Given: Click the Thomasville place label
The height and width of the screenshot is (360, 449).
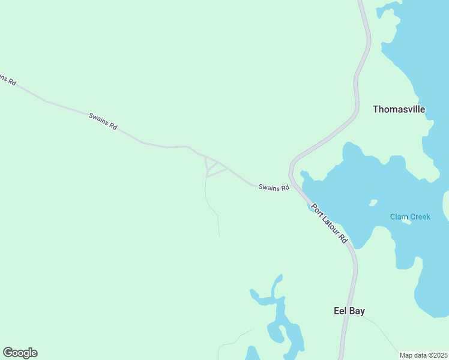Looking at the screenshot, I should [399, 109].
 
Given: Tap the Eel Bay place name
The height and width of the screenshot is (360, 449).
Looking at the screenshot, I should [349, 311].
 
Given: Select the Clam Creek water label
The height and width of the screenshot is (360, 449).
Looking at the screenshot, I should [410, 217].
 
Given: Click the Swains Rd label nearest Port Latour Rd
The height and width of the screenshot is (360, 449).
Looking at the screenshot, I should [274, 187].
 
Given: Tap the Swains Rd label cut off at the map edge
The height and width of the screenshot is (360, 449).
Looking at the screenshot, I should [7, 79].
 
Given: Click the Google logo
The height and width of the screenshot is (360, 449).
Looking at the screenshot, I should [20, 353].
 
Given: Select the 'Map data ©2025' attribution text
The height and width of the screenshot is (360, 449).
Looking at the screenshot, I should [424, 355].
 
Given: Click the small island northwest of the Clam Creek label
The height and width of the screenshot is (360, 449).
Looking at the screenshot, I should [373, 202].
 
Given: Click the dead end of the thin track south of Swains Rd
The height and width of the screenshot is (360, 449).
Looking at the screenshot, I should [219, 236].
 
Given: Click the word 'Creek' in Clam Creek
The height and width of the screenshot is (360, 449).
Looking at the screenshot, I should [420, 217].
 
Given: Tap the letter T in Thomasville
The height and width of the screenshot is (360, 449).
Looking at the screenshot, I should [376, 109].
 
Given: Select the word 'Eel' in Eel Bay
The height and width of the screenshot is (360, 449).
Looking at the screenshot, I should [340, 311].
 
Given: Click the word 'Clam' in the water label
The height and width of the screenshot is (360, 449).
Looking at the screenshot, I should [399, 217].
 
